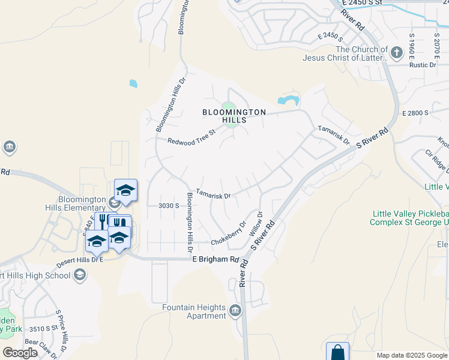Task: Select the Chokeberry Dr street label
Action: point(229,232)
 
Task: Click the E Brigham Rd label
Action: point(215,259)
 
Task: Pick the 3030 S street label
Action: point(169,205)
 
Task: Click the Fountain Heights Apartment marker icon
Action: point(235,311)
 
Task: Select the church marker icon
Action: point(396,53)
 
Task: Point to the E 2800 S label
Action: point(415,113)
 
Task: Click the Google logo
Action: point(20,353)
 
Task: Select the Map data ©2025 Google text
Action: point(411,355)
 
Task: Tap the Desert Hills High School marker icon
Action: point(79,275)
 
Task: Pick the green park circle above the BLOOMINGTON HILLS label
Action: point(229,108)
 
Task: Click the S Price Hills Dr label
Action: point(62,331)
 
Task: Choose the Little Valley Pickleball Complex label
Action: point(411,218)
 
